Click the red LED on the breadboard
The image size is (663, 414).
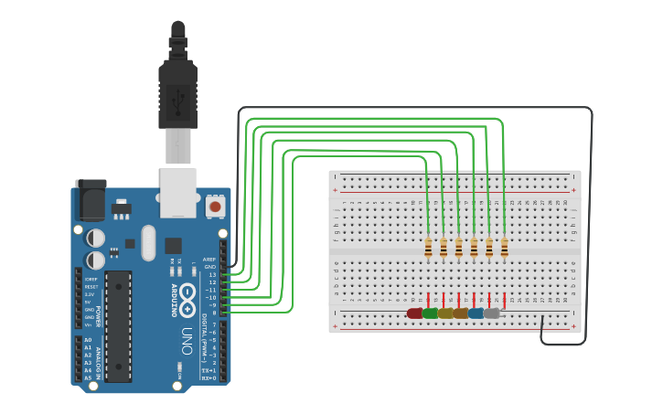pyautogui.click(x=415, y=313)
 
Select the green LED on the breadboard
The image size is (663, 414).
pyautogui.click(x=430, y=313)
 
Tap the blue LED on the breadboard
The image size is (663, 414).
pyautogui.click(x=476, y=313)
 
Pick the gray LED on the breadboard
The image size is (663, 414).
pyautogui.click(x=492, y=313)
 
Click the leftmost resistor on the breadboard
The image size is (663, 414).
pyautogui.click(x=428, y=248)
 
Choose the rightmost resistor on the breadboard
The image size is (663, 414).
pyautogui.click(x=504, y=248)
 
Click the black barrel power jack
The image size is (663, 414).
pyautogui.click(x=90, y=200)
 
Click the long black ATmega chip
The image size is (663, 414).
pyautogui.click(x=118, y=325)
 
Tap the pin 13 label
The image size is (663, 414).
pyautogui.click(x=212, y=274)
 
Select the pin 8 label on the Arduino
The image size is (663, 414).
pyautogui.click(x=213, y=313)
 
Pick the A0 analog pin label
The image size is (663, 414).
pyautogui.click(x=88, y=340)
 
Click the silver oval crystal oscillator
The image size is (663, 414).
pyautogui.click(x=148, y=244)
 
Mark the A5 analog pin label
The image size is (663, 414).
pyautogui.click(x=88, y=377)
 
